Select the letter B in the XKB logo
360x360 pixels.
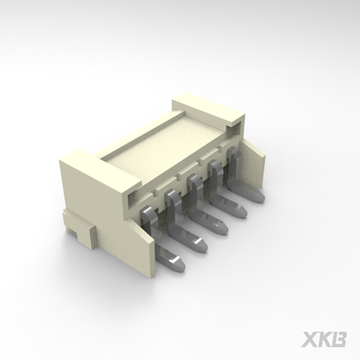[339, 339]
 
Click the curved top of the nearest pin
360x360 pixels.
[146, 212]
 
